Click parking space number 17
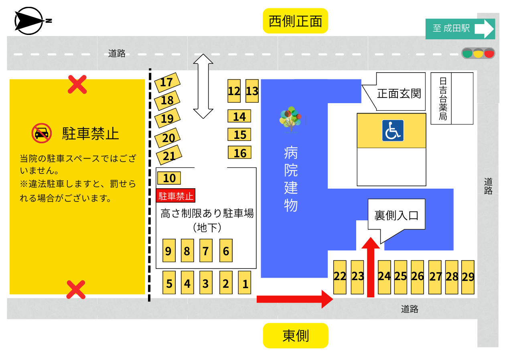166,83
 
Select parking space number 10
169,178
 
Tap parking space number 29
468,277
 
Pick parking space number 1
245,283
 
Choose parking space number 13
252,91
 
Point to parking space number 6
226,251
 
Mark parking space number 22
340,277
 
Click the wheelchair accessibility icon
393,130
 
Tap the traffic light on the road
478,53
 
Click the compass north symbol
30,21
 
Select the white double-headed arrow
203,86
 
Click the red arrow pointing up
371,266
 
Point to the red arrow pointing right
294,299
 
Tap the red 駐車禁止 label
175,196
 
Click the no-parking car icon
42,133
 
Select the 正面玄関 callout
398,93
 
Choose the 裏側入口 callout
396,216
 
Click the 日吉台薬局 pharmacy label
442,99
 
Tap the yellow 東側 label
296,336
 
